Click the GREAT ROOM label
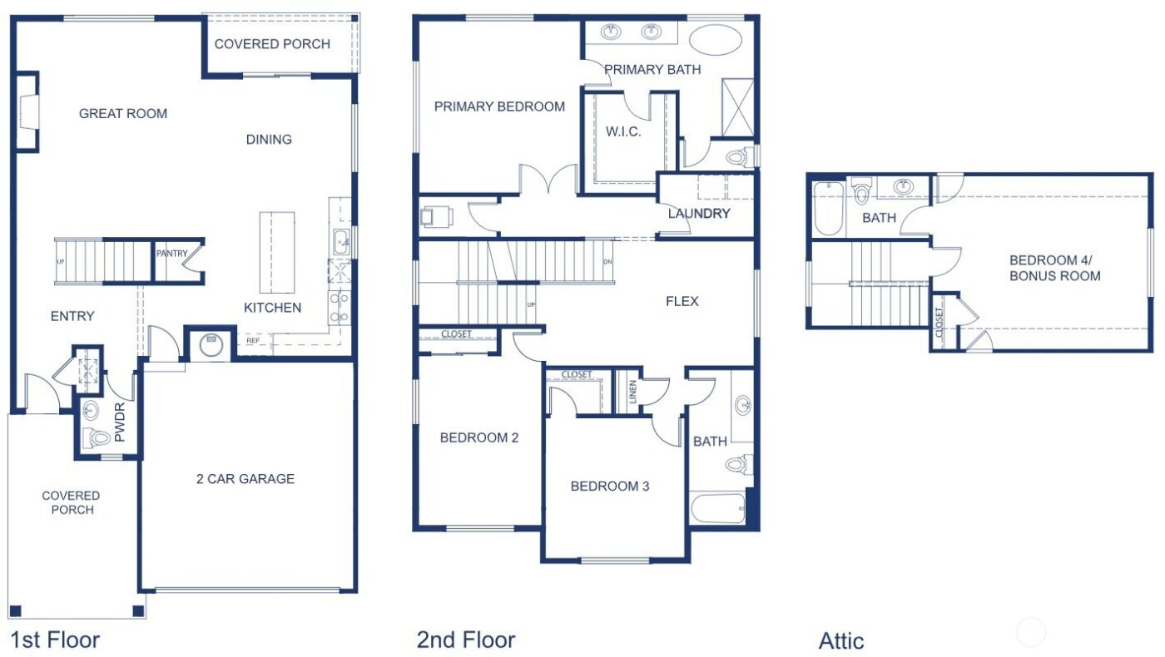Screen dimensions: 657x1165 coord(123,114)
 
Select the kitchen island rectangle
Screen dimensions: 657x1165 coord(277,253)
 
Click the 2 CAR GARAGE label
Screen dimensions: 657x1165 coord(245,479)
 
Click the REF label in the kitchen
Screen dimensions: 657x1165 coord(252,340)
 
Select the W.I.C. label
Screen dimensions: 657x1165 coord(623,131)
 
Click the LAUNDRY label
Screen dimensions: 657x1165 coord(699,214)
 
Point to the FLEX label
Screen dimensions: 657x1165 coord(682,301)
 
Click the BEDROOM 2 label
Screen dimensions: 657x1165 coord(479,437)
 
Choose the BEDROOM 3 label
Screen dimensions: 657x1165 coord(610,487)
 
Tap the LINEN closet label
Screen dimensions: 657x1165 coord(633,390)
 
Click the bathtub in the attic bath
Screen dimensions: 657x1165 coord(828,208)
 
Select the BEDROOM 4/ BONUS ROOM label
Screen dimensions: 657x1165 coord(1055,267)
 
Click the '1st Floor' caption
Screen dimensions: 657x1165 coord(55,640)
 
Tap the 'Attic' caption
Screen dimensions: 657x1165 coord(841,641)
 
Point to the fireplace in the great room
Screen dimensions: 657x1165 coord(28,112)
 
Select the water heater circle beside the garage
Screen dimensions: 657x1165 coord(210,343)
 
